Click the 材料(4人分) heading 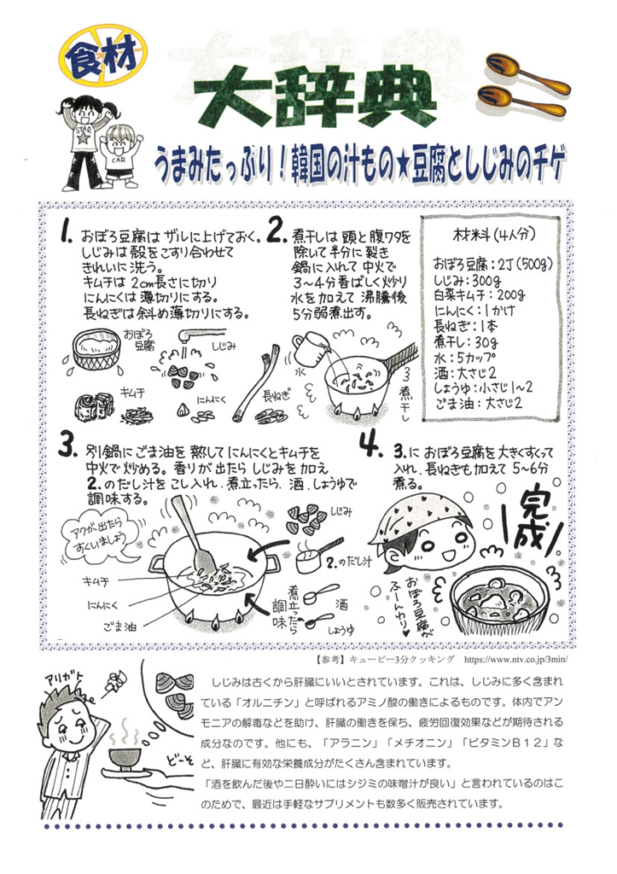click(x=493, y=234)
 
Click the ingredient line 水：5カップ click(x=465, y=357)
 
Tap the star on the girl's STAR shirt click(x=83, y=137)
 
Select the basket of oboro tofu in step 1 click(x=97, y=349)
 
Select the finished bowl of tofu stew click(x=495, y=601)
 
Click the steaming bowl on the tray click(x=125, y=756)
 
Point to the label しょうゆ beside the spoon click(x=341, y=630)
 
